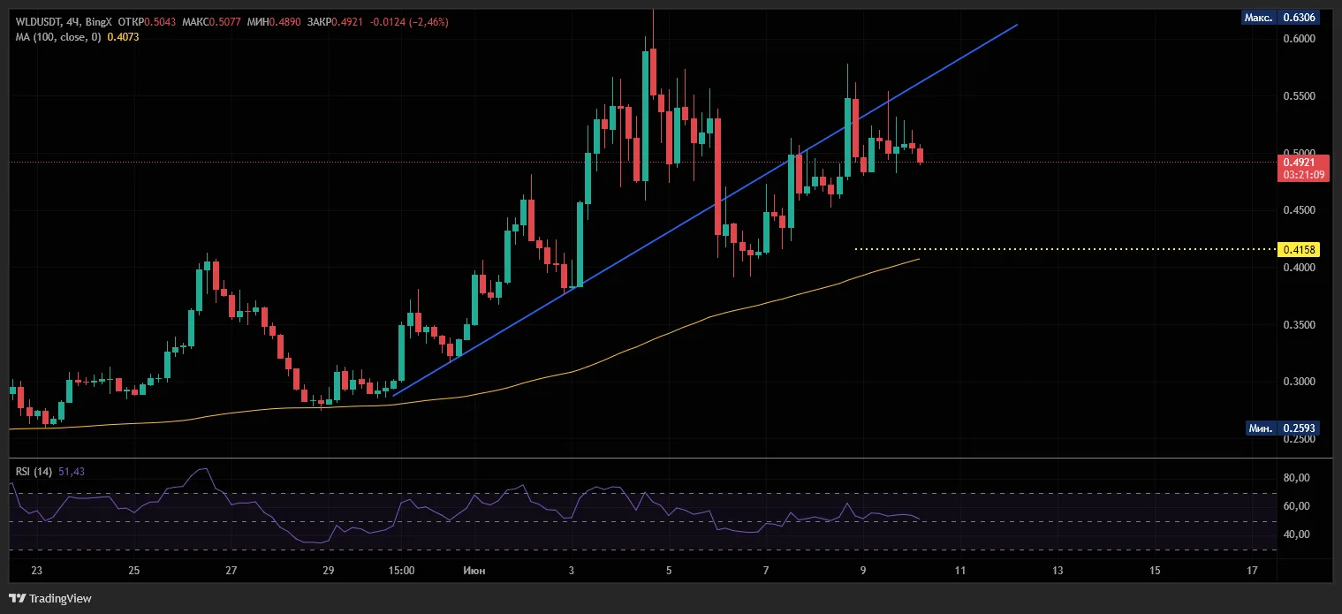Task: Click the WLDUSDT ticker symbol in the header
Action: click(x=38, y=21)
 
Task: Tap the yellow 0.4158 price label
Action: click(x=1299, y=249)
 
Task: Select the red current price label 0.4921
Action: click(x=1299, y=163)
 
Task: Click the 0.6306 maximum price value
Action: click(x=1299, y=18)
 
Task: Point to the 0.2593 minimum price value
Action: click(x=1299, y=428)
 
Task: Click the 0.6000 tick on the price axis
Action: click(x=1299, y=39)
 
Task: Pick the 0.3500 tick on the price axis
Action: click(x=1299, y=325)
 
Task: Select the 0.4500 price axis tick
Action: click(x=1299, y=210)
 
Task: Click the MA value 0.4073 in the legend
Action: click(x=123, y=37)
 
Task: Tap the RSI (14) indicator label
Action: click(x=34, y=472)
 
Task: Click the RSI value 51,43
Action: click(x=72, y=472)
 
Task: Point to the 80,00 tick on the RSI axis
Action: click(x=1296, y=478)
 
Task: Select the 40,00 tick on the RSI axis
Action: click(x=1296, y=534)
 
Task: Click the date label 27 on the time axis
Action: click(x=231, y=571)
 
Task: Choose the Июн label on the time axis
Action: click(x=474, y=571)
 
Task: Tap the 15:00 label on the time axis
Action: click(x=401, y=571)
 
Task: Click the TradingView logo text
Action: click(x=60, y=598)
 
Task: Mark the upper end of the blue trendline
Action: click(x=1017, y=25)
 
